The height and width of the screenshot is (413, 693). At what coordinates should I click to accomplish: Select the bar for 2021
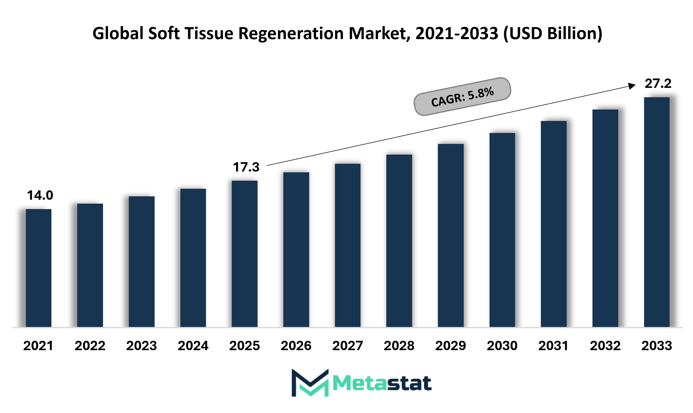[x=38, y=268]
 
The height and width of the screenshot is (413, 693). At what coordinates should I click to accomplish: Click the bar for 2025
[x=244, y=253]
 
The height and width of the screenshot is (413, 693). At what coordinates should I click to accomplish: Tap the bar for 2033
[x=657, y=212]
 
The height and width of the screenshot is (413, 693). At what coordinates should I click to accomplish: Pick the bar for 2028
[x=399, y=240]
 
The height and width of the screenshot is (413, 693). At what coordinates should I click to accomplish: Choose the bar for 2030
[x=502, y=230]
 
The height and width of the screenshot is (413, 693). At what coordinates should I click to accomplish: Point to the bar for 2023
[x=141, y=261]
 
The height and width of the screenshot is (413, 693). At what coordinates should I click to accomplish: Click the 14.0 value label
[x=40, y=195]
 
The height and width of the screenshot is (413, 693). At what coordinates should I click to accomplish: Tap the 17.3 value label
[x=246, y=167]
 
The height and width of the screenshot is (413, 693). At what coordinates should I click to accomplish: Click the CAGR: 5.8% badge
[x=462, y=96]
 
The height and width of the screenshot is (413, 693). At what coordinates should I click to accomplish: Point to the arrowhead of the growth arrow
[x=632, y=86]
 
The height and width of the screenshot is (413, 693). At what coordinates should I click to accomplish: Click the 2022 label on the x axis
[x=90, y=346]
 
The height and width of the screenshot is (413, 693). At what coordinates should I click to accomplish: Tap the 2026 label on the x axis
[x=296, y=346]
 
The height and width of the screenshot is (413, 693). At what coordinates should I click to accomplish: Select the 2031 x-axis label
[x=553, y=346]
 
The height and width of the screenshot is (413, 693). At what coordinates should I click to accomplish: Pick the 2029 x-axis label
[x=450, y=346]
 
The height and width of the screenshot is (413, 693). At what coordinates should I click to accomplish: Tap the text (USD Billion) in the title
[x=553, y=33]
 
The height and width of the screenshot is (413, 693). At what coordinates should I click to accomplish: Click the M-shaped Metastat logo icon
[x=310, y=383]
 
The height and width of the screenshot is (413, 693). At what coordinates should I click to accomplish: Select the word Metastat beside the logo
[x=382, y=383]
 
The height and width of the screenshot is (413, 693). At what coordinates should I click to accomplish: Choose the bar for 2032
[x=605, y=218]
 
